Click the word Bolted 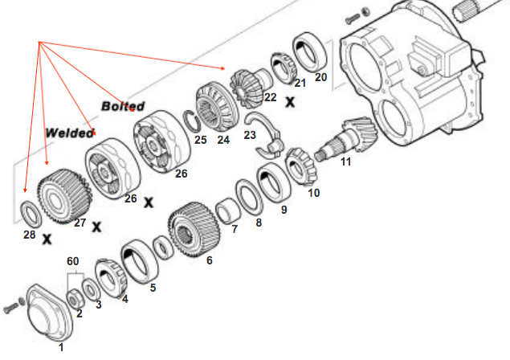(x=123, y=106)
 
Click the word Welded (x=69, y=133)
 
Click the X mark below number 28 (x=47, y=239)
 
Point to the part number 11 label (x=346, y=162)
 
